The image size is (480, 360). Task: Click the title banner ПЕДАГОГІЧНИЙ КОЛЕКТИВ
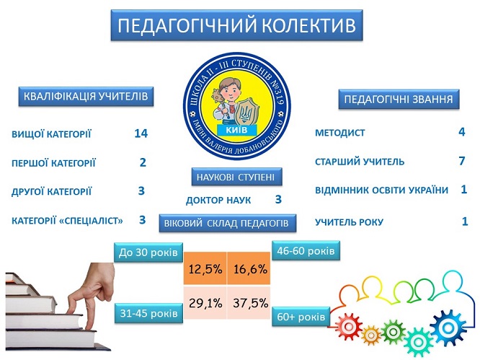click(236, 25)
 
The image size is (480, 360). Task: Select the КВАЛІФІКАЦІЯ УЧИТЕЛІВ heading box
click(86, 97)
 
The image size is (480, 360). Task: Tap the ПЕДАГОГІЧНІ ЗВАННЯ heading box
click(399, 100)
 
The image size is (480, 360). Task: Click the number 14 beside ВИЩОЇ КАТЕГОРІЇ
click(141, 133)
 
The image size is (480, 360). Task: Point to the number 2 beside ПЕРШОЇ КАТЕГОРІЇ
click(143, 162)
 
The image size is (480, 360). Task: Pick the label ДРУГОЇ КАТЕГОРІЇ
click(51, 192)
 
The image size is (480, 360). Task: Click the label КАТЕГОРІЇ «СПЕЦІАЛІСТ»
click(67, 221)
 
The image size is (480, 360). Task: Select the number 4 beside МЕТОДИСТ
click(462, 132)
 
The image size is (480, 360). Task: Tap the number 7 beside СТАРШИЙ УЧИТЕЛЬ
click(462, 161)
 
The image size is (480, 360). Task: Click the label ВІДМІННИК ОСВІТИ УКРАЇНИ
click(382, 190)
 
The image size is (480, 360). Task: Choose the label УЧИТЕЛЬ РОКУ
click(350, 222)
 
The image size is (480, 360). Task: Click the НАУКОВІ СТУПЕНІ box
click(236, 177)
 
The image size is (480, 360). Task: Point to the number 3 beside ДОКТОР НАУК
click(278, 199)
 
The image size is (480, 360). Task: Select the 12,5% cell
click(205, 268)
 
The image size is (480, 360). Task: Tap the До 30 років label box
click(148, 253)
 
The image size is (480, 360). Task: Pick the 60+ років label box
click(301, 317)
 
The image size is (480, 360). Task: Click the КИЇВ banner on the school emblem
click(236, 130)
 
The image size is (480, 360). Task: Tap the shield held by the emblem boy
click(244, 113)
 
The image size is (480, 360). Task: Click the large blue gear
click(448, 328)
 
